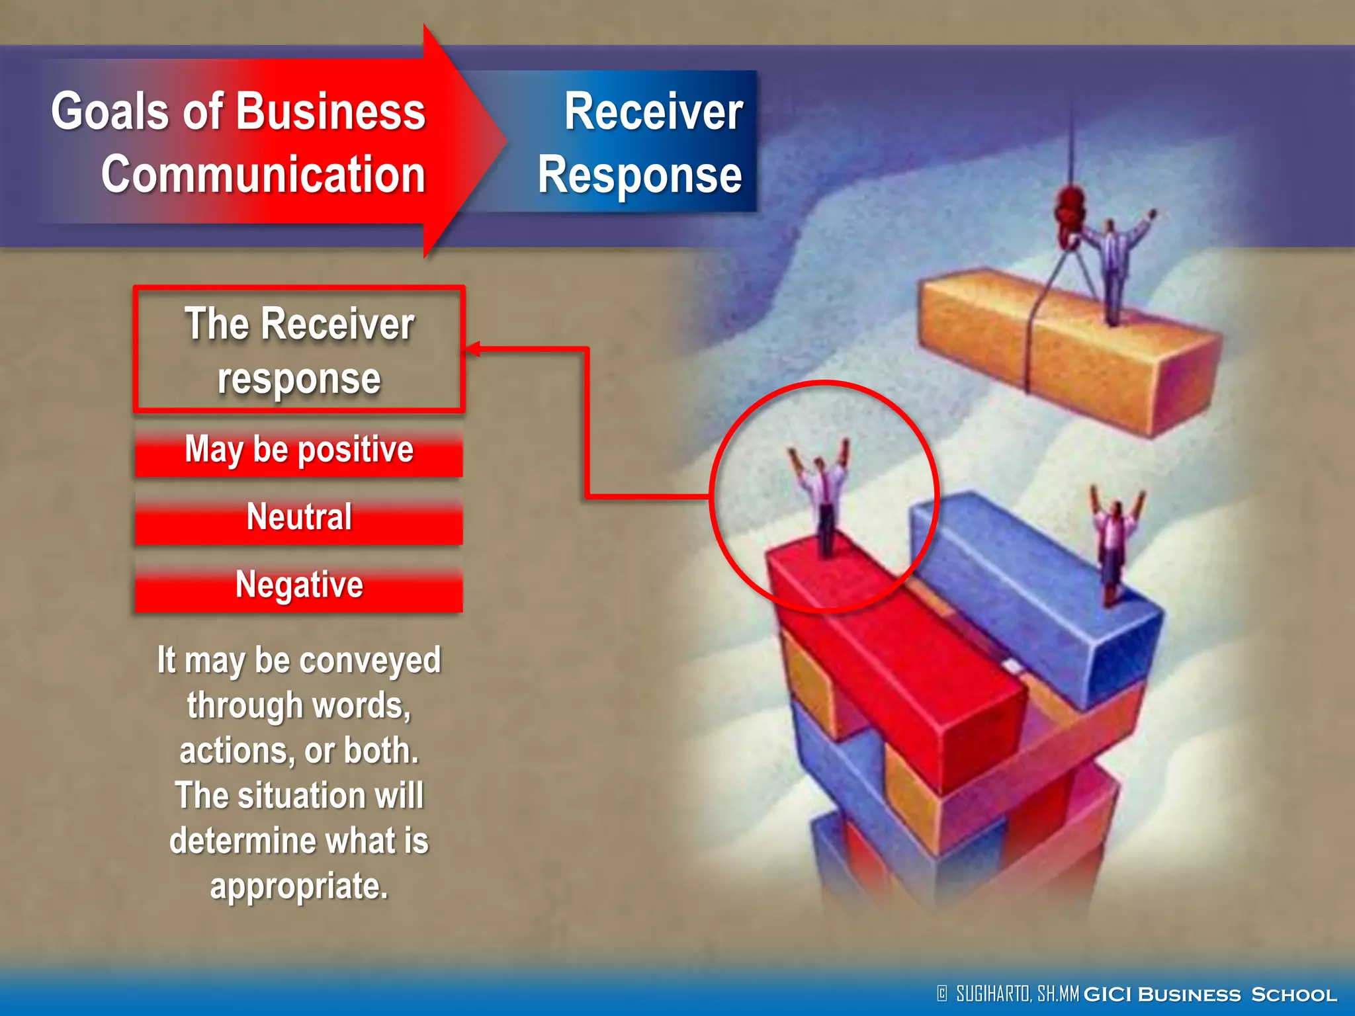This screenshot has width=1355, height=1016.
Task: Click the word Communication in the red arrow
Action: (x=263, y=175)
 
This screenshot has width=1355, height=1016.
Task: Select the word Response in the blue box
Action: (x=639, y=175)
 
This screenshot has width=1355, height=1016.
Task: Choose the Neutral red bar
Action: (x=299, y=518)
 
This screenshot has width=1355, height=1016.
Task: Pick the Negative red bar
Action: (x=299, y=586)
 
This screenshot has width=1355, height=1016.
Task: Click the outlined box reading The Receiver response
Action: (x=299, y=349)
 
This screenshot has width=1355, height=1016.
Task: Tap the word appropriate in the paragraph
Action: (x=298, y=886)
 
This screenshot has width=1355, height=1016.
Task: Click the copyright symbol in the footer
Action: (x=942, y=994)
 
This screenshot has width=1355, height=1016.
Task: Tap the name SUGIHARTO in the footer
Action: (x=992, y=994)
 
